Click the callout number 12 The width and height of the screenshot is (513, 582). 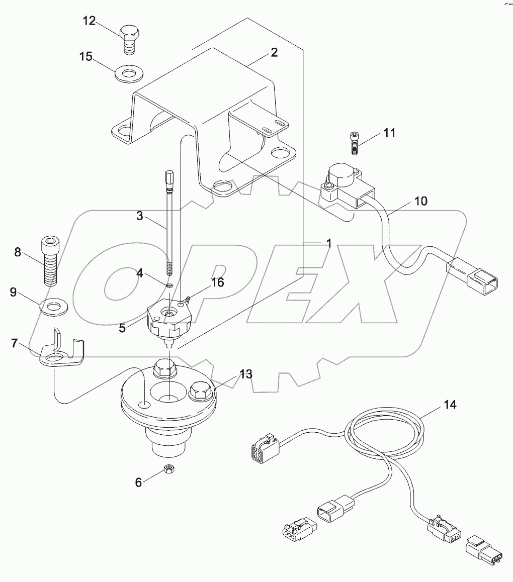tap(89, 21)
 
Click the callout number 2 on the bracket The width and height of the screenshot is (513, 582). tap(274, 52)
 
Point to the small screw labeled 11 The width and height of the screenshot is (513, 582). tap(355, 143)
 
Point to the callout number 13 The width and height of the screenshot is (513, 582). tap(245, 374)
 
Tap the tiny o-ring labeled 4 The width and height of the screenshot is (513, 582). tap(170, 285)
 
